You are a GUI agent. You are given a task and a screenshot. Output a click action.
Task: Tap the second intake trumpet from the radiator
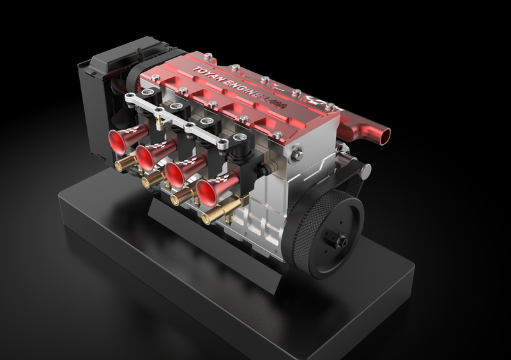(149, 155)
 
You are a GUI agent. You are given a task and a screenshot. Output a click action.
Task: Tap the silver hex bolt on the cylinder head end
(296, 153)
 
